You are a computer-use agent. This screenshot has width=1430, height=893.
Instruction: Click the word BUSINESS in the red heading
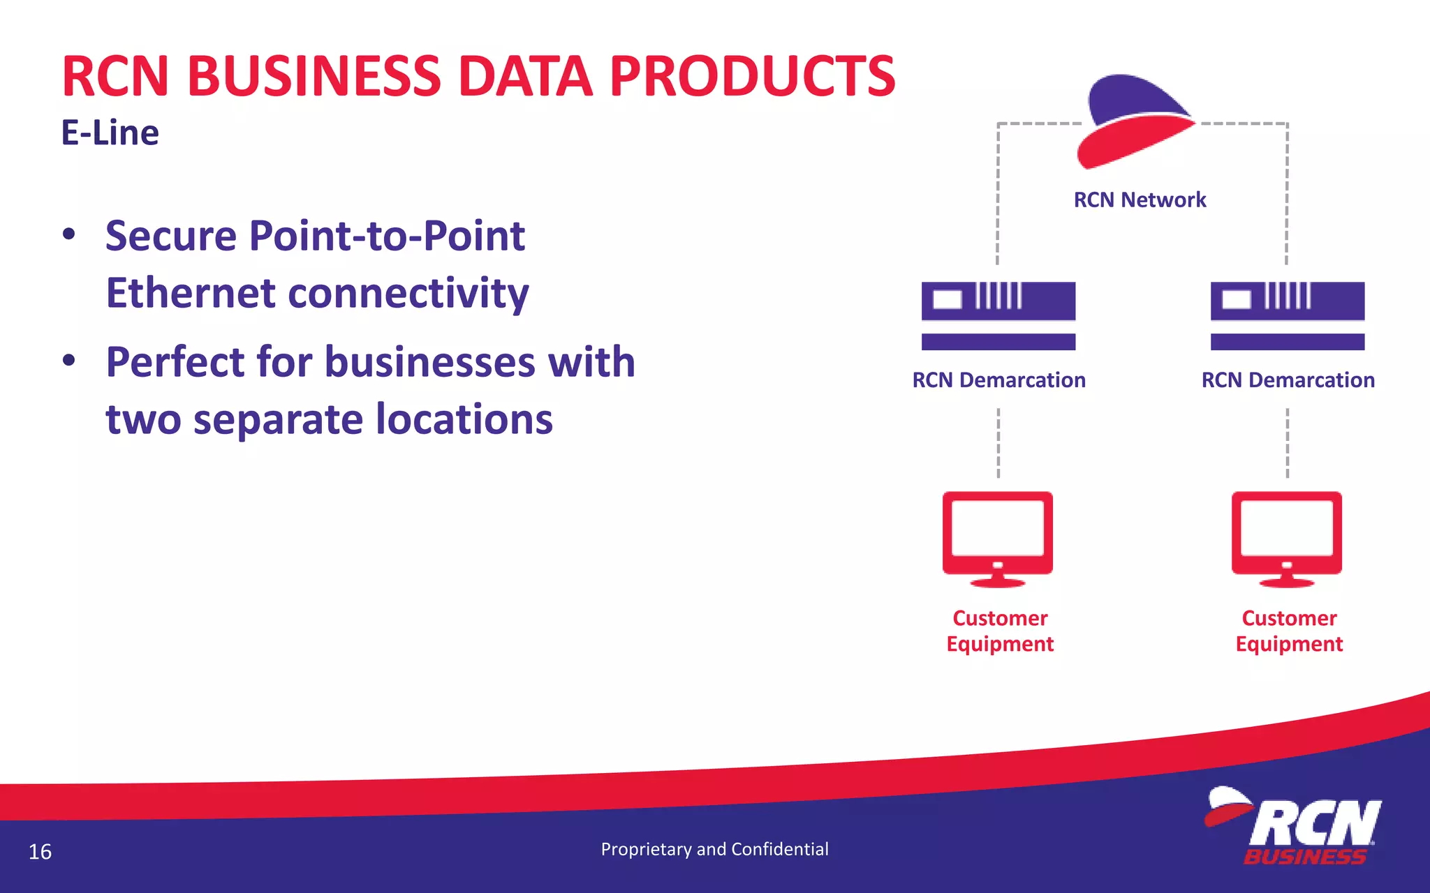click(314, 76)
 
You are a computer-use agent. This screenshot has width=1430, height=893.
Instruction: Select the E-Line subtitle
click(110, 133)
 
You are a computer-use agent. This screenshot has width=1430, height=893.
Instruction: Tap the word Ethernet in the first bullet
click(191, 293)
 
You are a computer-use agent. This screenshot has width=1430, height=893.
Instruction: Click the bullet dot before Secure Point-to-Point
click(68, 234)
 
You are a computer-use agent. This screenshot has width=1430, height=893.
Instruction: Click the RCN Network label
click(1140, 200)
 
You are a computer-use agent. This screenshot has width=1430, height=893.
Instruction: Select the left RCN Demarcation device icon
click(998, 315)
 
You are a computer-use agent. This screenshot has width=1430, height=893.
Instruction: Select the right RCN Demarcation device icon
click(1287, 315)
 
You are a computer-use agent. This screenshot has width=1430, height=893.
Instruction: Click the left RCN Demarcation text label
click(998, 380)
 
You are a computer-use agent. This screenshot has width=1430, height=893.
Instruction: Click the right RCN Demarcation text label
click(1288, 380)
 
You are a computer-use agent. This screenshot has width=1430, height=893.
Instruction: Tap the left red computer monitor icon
click(998, 537)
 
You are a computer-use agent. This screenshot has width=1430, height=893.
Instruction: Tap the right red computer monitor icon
click(1286, 537)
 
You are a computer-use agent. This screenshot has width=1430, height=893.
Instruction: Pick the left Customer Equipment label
click(1000, 631)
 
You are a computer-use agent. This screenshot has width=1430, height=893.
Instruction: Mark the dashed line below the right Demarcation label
click(1287, 443)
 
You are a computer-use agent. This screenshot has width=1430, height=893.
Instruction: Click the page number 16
click(40, 852)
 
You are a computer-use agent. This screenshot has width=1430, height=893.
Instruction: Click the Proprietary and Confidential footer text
click(714, 849)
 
